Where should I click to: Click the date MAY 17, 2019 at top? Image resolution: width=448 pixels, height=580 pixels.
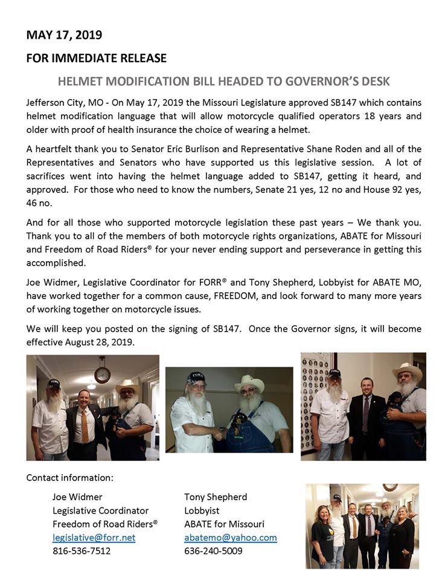pos(64,35)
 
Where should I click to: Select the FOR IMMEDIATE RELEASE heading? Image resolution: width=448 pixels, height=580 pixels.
pos(96,59)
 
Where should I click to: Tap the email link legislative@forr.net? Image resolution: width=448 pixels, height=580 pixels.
pos(94,537)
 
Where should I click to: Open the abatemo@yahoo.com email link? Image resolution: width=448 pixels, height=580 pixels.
pos(230,537)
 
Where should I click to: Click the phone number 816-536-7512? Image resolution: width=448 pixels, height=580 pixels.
pos(82,550)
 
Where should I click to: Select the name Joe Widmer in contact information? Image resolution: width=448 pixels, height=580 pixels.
pos(77,497)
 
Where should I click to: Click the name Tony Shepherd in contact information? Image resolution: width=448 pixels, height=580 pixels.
pos(216,497)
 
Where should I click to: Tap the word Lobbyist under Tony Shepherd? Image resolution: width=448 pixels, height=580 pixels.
pos(202,511)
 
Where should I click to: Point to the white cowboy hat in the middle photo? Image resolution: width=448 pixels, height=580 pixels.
pos(249,384)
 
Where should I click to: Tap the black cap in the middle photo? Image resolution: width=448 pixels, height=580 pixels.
pos(195,378)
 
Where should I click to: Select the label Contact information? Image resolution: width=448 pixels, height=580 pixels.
pos(69,477)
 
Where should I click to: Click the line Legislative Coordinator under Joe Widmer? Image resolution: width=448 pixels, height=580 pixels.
pos(100,511)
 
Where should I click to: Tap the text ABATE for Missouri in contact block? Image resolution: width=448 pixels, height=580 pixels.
pos(224,524)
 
